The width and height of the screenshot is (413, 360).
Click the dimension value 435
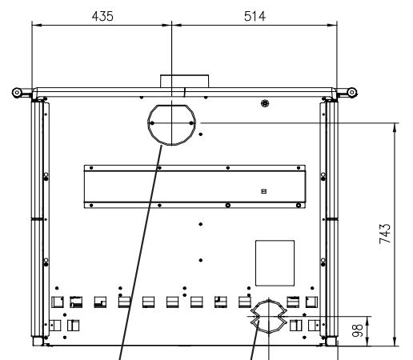pyautogui.click(x=102, y=16)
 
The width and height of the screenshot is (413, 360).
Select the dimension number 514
pyautogui.click(x=255, y=16)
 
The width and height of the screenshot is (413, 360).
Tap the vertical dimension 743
pyautogui.click(x=385, y=234)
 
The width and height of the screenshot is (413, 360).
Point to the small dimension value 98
pyautogui.click(x=358, y=330)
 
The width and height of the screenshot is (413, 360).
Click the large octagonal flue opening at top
pyautogui.click(x=148, y=126)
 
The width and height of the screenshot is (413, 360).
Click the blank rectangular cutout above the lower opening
pyautogui.click(x=275, y=263)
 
